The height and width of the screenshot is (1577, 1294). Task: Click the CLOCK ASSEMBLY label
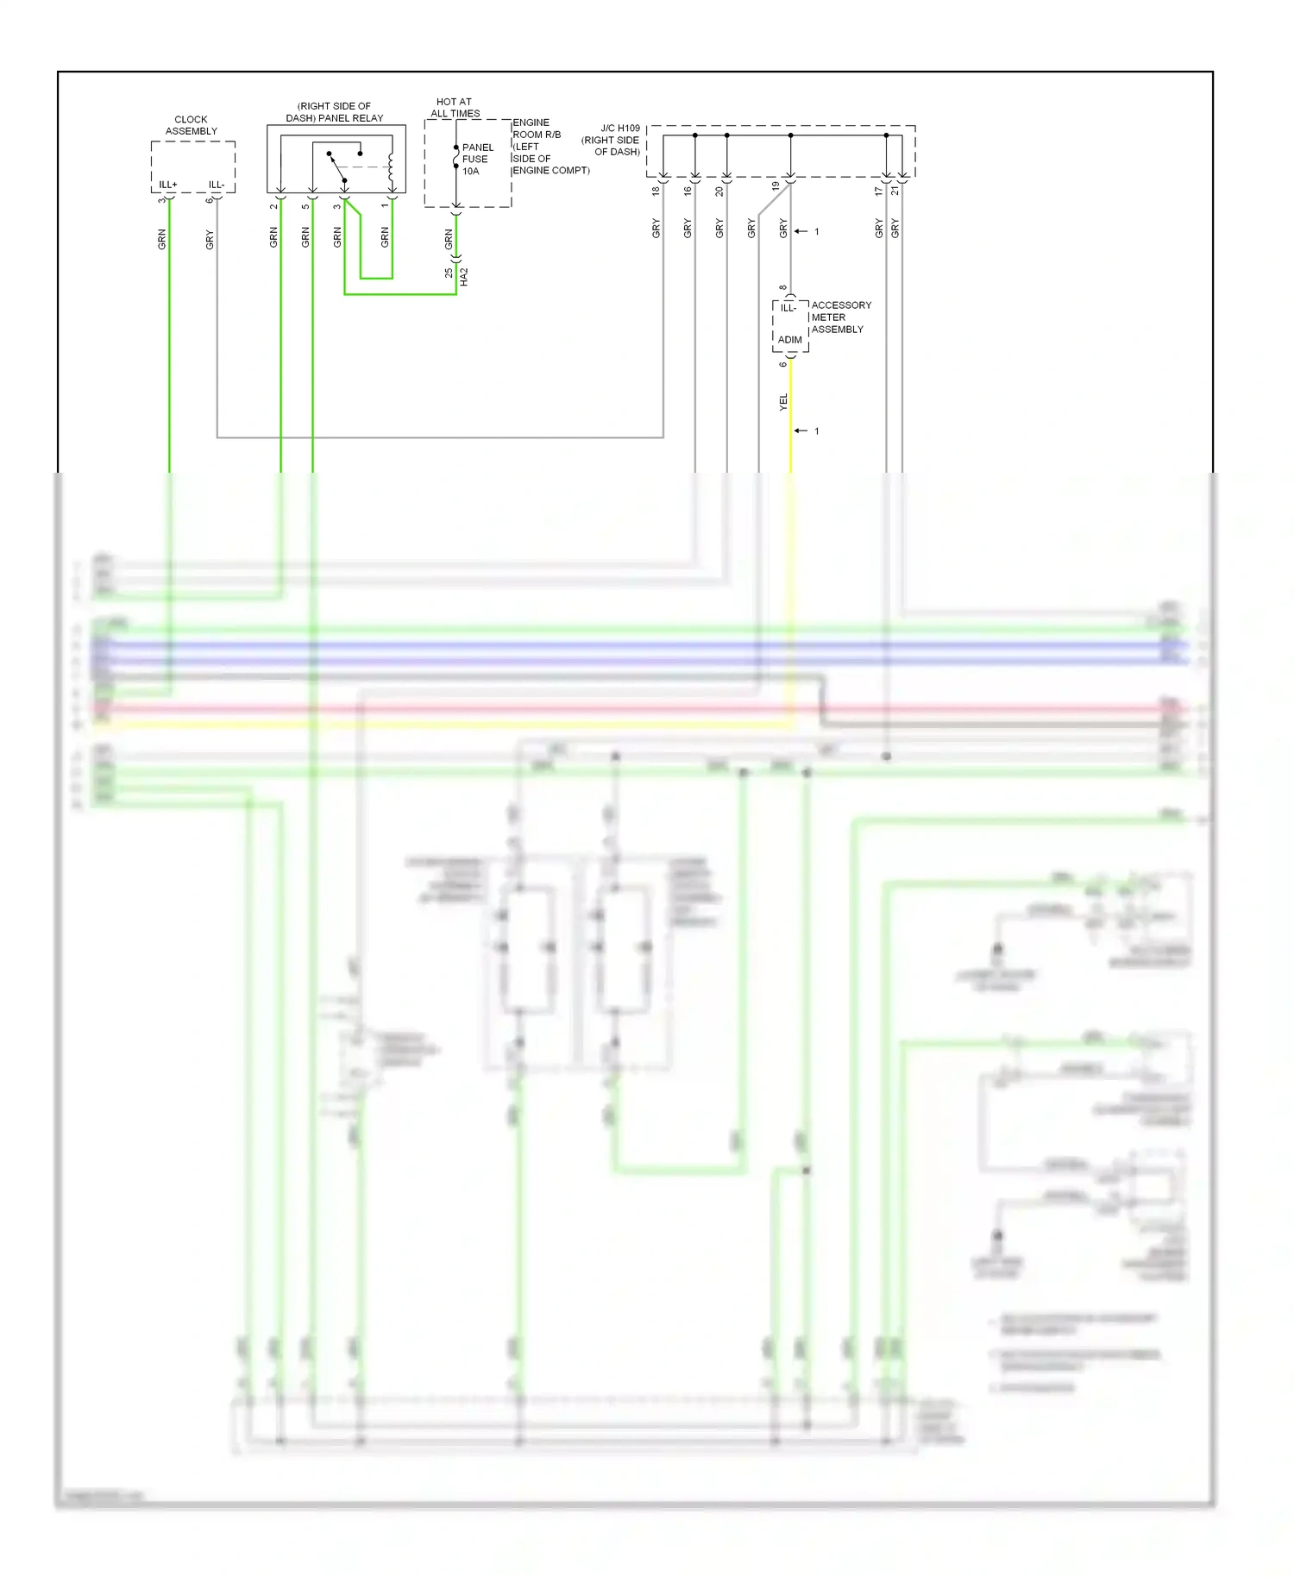tap(191, 125)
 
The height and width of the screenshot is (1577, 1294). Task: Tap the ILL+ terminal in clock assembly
tap(167, 185)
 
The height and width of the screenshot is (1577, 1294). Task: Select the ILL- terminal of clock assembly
tap(216, 185)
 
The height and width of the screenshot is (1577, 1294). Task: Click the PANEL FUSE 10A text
tap(477, 160)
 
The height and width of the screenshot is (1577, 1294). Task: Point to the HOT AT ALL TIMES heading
tap(455, 107)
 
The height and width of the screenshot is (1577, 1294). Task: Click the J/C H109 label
tap(619, 129)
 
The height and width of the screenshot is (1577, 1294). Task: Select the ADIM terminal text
tap(789, 340)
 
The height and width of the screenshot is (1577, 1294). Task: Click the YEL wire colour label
tap(783, 401)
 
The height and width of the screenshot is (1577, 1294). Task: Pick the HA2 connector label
tap(464, 277)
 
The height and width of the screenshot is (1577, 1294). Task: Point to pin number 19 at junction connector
tap(776, 186)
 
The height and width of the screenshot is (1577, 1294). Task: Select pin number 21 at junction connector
tap(895, 191)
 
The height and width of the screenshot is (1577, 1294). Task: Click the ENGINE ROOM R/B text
tap(537, 129)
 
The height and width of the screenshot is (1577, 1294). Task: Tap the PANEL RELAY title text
tap(335, 118)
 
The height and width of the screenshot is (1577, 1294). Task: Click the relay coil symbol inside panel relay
tap(391, 168)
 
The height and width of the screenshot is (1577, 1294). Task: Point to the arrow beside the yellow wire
tap(801, 430)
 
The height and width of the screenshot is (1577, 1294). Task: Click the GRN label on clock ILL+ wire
tap(161, 240)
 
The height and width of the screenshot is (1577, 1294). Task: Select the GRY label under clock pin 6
tap(209, 240)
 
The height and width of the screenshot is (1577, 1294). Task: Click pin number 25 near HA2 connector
tap(449, 273)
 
